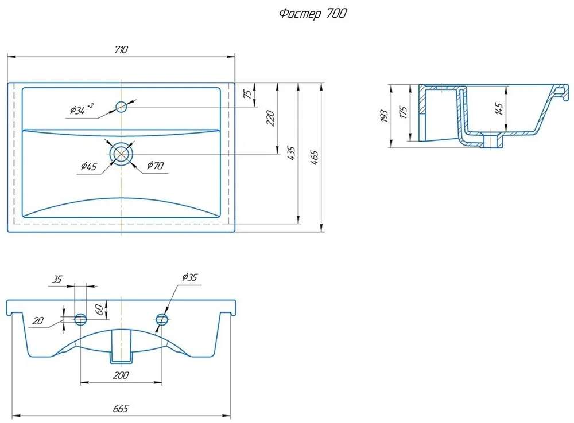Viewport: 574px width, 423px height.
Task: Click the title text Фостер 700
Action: click(313, 14)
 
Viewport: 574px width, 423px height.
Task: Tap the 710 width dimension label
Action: click(121, 49)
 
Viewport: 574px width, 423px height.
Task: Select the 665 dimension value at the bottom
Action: click(121, 408)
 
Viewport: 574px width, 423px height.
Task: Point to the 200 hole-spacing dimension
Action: click(121, 375)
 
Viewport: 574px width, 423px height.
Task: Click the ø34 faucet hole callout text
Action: click(82, 109)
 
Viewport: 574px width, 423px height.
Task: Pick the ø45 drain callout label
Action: click(88, 166)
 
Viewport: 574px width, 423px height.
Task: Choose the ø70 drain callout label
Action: click(155, 165)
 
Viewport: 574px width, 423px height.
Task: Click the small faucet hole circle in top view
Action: click(121, 107)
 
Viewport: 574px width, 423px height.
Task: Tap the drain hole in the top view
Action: click(121, 154)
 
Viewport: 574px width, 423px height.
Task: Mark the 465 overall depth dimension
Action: click(315, 157)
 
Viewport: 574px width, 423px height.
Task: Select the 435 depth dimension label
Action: click(292, 153)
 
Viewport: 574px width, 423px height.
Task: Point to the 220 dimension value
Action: click(270, 118)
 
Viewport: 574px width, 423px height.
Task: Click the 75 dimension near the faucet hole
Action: click(248, 94)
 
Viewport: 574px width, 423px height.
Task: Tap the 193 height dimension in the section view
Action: click(384, 116)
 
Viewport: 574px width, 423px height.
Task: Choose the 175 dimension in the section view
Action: click(404, 112)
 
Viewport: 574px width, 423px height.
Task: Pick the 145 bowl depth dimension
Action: click(499, 109)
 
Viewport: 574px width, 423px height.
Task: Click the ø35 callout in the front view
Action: click(189, 277)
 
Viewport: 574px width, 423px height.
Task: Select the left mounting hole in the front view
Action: click(80, 319)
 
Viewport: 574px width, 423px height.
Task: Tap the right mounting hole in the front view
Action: click(161, 319)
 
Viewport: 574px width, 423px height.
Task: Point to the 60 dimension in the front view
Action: click(99, 310)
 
